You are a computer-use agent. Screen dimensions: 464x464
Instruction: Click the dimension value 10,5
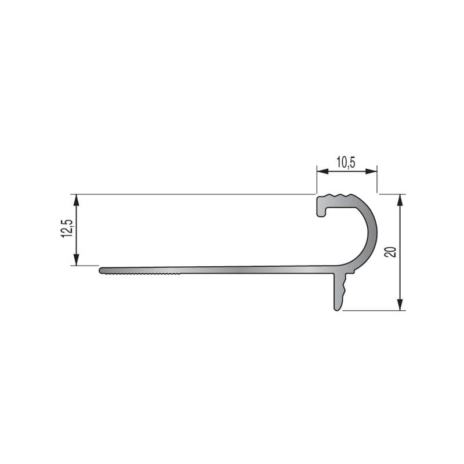pos(346,162)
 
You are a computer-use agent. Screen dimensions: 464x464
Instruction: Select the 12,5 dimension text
pos(67,228)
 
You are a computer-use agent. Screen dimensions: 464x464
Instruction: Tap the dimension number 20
pos(390,252)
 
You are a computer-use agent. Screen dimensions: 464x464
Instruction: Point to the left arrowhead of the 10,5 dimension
pos(321,172)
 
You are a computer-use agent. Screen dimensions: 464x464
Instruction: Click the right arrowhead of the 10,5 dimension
pos(373,172)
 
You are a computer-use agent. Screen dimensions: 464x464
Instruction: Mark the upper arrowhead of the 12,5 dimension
pos(76,199)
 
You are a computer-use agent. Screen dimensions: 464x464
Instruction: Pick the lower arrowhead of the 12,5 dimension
pos(76,261)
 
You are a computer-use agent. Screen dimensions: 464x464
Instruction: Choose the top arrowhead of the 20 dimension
pos(400,199)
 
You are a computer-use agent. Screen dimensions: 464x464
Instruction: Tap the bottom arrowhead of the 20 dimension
pos(400,306)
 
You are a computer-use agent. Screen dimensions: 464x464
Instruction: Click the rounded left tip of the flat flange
pos(101,270)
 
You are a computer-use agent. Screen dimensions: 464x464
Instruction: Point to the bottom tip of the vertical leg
pos(337,308)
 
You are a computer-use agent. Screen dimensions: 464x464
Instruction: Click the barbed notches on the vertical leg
pos(345,288)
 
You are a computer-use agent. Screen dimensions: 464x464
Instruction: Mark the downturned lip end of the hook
pos(320,213)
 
